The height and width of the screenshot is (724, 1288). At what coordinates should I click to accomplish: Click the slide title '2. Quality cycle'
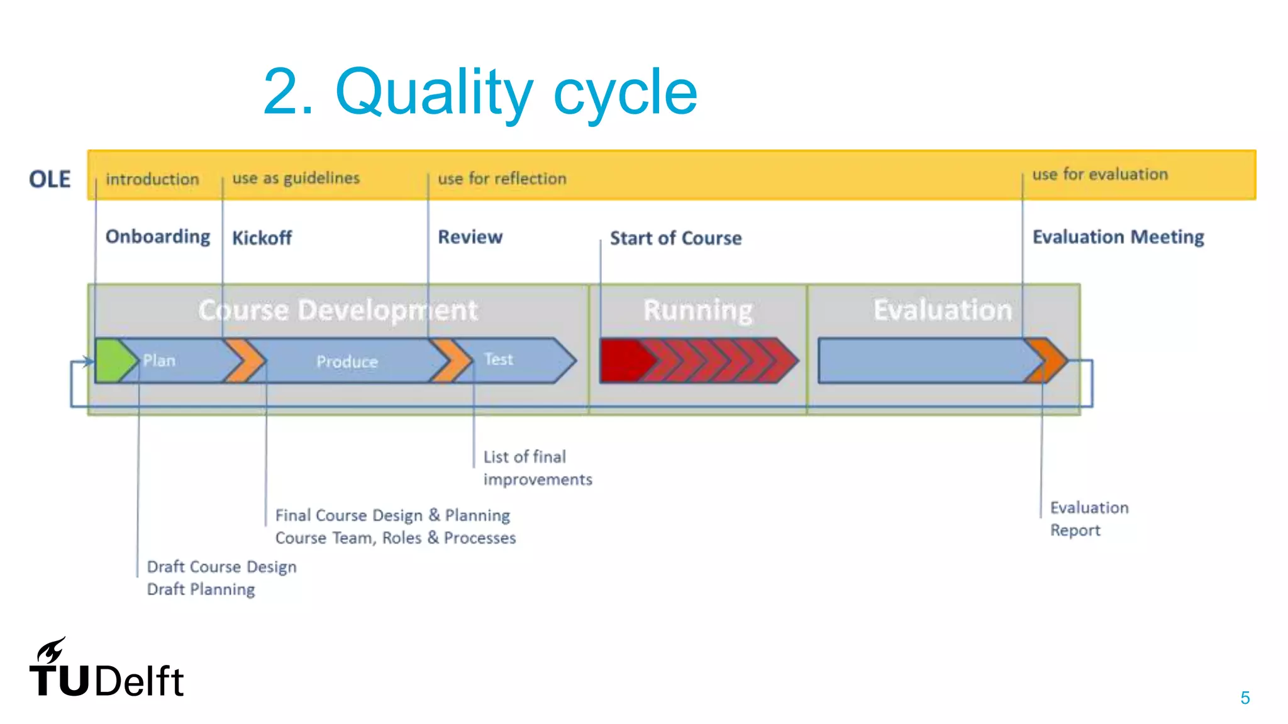(480, 92)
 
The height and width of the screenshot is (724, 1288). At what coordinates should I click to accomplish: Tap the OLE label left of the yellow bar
(50, 179)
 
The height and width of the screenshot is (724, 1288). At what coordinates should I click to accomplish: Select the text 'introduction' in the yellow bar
(152, 179)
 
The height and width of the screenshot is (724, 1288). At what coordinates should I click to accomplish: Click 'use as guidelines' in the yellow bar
(296, 178)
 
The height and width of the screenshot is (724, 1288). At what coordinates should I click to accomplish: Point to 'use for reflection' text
(502, 178)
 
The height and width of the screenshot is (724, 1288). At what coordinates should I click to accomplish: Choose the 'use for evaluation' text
(1100, 174)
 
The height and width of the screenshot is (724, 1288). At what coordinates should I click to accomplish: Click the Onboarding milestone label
(158, 237)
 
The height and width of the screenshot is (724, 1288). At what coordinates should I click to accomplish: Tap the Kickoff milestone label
(262, 238)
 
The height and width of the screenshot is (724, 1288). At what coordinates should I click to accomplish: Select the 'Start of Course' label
(675, 238)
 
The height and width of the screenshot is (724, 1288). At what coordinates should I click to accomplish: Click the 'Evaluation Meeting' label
(1118, 237)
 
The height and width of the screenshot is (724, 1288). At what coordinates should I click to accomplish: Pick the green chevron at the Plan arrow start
(113, 361)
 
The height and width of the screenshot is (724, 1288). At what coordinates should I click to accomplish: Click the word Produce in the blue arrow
(347, 361)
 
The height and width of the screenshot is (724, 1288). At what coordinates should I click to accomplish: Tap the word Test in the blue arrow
(499, 359)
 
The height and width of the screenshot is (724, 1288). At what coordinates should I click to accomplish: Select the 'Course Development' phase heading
(338, 310)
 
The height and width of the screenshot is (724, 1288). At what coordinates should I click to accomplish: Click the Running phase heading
(697, 310)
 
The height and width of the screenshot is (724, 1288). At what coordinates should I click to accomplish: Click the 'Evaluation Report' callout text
(1089, 518)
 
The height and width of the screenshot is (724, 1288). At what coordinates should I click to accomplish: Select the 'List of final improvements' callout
(536, 468)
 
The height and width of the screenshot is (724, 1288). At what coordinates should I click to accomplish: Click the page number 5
(1245, 698)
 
